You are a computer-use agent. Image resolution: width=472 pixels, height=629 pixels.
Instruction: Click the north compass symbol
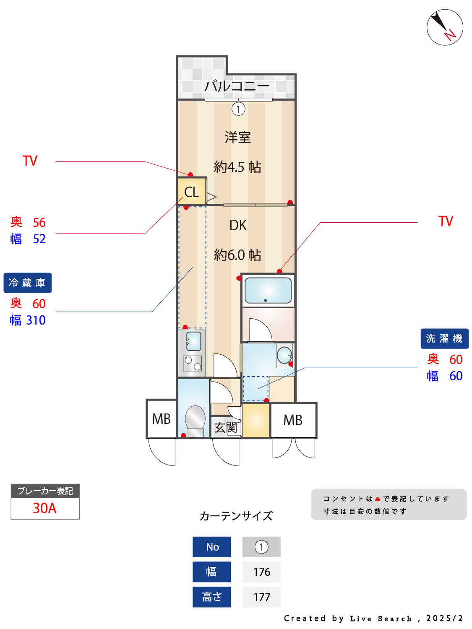[x=445, y=27]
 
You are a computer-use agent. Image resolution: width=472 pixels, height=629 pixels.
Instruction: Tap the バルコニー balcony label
[x=237, y=86]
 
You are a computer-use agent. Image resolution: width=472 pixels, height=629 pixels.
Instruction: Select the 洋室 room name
[x=237, y=137]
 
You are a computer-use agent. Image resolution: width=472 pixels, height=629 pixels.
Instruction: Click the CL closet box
[x=191, y=192]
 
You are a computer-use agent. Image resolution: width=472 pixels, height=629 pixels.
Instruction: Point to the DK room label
[x=238, y=225]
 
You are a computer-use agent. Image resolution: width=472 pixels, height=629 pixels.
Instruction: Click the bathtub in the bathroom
[x=268, y=290]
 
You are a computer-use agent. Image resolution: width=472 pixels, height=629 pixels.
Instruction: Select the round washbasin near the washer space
[x=284, y=355]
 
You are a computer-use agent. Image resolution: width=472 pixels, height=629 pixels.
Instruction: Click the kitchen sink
[x=193, y=341]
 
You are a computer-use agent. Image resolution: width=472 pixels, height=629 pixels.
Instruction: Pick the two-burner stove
[x=193, y=363]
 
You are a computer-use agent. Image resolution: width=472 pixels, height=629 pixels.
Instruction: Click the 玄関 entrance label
[x=226, y=428]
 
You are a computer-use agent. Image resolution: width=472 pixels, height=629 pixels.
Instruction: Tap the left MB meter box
[x=161, y=419]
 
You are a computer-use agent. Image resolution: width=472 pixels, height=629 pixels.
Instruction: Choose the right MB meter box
[x=293, y=420]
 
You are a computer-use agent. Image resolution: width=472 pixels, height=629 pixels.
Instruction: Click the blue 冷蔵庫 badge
[x=28, y=283]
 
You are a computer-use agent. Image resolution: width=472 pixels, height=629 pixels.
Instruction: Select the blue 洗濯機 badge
[x=444, y=338]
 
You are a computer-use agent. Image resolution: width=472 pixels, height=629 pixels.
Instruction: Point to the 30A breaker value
[x=45, y=508]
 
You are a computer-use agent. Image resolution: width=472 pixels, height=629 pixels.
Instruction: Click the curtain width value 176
[x=261, y=572]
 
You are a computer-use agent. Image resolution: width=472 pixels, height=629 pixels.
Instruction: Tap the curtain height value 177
[x=261, y=597]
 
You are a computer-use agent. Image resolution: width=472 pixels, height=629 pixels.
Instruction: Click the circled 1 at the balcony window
[x=238, y=109]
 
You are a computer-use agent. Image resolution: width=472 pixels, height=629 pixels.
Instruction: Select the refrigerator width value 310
[x=36, y=320]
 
